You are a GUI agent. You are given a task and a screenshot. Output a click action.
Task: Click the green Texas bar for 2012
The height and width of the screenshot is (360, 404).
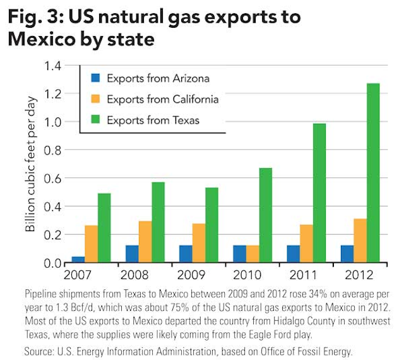pyautogui.click(x=374, y=173)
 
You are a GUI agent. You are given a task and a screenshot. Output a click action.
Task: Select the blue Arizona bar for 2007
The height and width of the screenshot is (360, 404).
pyautogui.click(x=78, y=260)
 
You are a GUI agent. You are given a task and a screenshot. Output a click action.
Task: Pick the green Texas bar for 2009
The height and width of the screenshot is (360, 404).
pyautogui.click(x=213, y=225)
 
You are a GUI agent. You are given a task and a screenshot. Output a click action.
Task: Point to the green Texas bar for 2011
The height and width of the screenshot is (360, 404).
pyautogui.click(x=320, y=193)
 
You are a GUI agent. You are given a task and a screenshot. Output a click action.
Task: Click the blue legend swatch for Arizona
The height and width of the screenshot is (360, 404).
pyautogui.click(x=95, y=79)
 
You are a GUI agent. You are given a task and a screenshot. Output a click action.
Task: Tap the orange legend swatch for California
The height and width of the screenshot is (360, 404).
pyautogui.click(x=95, y=99)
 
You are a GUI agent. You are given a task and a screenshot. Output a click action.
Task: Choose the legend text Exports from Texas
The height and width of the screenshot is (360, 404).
pyautogui.click(x=153, y=120)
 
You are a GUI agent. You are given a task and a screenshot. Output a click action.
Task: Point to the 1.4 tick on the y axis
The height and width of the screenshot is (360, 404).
pyautogui.click(x=52, y=66)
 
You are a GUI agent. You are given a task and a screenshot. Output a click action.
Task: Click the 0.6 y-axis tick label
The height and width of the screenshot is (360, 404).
pyautogui.click(x=52, y=179)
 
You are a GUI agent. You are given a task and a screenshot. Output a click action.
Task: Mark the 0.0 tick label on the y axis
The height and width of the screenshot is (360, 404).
pyautogui.click(x=52, y=263)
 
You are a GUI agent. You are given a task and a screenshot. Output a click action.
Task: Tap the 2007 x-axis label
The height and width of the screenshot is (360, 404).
pyautogui.click(x=78, y=276)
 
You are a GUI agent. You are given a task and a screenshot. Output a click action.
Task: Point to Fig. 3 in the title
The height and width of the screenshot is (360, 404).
pyautogui.click(x=35, y=17)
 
